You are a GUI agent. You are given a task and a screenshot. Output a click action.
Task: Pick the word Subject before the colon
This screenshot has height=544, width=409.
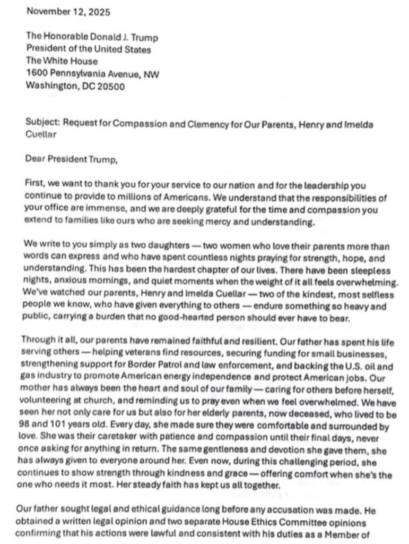coord(41,123)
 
